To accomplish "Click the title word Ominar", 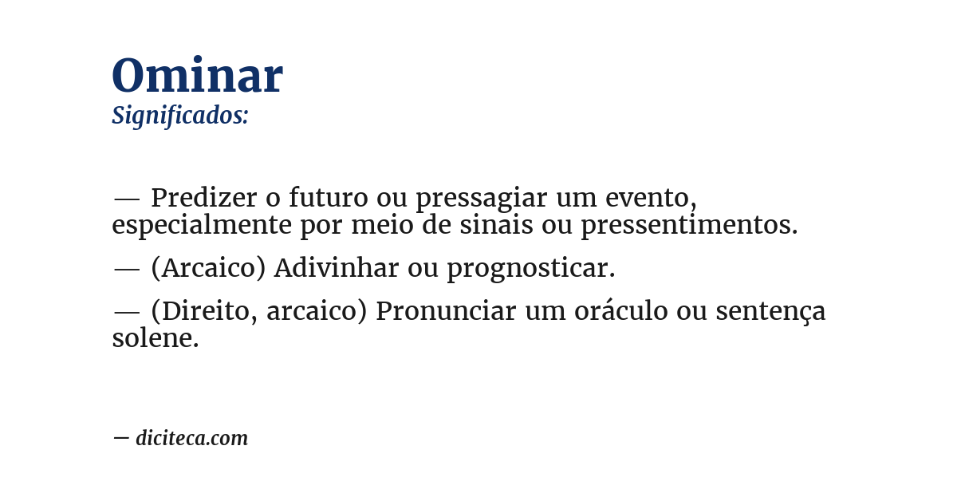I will (197, 77).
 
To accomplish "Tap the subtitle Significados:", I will (180, 116).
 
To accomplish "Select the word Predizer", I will (203, 197).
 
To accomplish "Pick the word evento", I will (649, 197).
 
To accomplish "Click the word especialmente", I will (202, 226).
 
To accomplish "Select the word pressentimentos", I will (688, 226).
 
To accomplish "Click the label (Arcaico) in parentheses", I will (208, 269).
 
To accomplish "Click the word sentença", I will (770, 311).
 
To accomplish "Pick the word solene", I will (155, 338).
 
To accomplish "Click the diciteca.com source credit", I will (191, 438).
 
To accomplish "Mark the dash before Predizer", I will (127, 198).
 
